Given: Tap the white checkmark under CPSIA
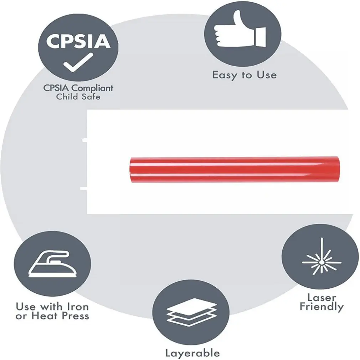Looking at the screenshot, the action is pos(78,62).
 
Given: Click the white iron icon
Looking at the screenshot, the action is pos(52,264).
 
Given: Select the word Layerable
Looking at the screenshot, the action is pos(192,353).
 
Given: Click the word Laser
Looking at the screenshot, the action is pos(322,297).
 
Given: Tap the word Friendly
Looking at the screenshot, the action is pos(322,307).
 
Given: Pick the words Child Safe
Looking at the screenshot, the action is pos(78,96).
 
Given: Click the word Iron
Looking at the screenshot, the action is pos(77,307).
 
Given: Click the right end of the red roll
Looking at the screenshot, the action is pos(337,169).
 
